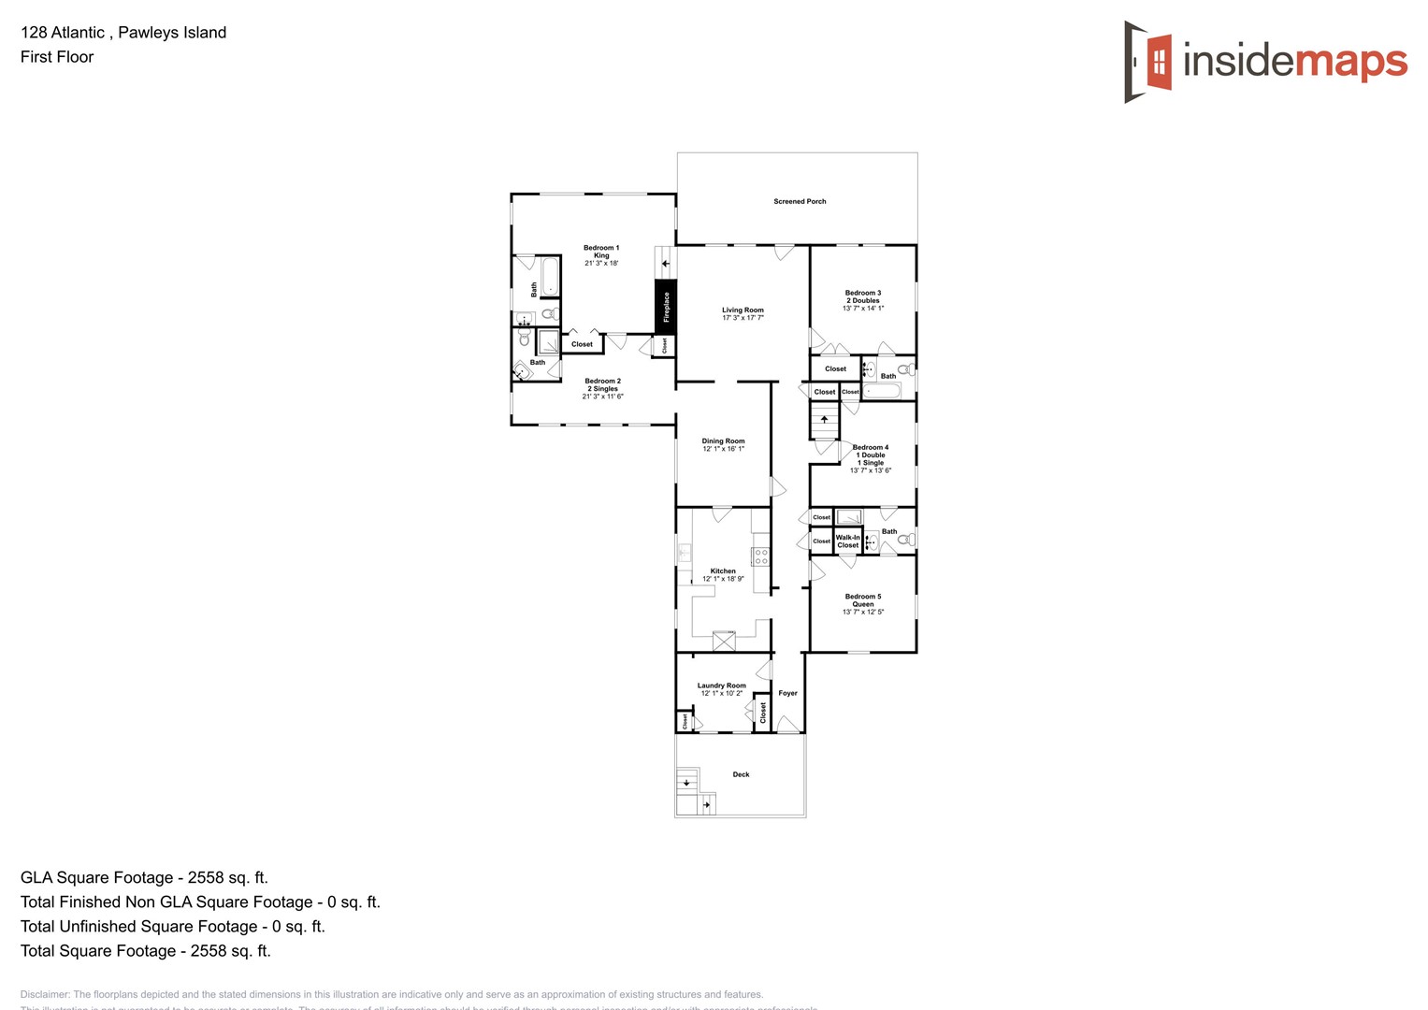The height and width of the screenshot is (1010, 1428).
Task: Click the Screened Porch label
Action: pyautogui.click(x=800, y=201)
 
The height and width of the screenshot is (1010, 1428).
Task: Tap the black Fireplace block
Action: pyautogui.click(x=665, y=307)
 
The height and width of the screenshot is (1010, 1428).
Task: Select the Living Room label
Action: pyautogui.click(x=743, y=313)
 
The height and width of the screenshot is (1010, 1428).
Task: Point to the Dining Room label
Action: pyautogui.click(x=723, y=444)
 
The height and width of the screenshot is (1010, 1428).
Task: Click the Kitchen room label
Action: pyautogui.click(x=723, y=574)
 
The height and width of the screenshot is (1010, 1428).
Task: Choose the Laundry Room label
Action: pyautogui.click(x=721, y=689)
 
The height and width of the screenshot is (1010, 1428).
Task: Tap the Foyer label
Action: pyautogui.click(x=787, y=693)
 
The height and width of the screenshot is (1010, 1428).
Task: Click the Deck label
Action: pyautogui.click(x=741, y=774)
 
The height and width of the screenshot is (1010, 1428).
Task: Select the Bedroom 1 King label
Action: pyautogui.click(x=601, y=255)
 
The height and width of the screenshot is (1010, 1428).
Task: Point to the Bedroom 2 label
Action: pyautogui.click(x=602, y=388)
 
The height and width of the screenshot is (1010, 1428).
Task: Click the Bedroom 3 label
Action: pyautogui.click(x=862, y=300)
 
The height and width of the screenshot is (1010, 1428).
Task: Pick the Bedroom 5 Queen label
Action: pyautogui.click(x=862, y=603)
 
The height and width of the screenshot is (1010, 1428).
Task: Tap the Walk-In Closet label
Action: pyautogui.click(x=847, y=541)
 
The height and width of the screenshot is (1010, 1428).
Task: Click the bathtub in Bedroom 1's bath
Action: pyautogui.click(x=549, y=277)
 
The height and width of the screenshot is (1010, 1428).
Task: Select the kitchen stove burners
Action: pyautogui.click(x=760, y=556)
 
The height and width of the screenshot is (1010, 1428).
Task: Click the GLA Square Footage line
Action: pyautogui.click(x=144, y=877)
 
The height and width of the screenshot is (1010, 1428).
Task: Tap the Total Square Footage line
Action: pyautogui.click(x=145, y=950)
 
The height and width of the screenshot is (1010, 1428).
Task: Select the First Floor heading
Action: pyautogui.click(x=57, y=57)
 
